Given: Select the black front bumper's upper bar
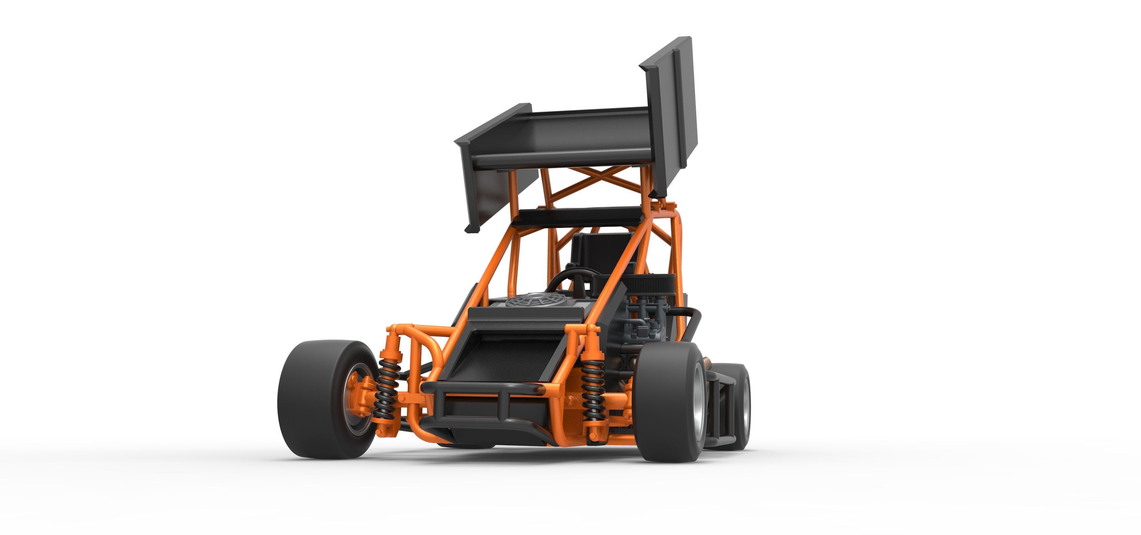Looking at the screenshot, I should click(x=483, y=390).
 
